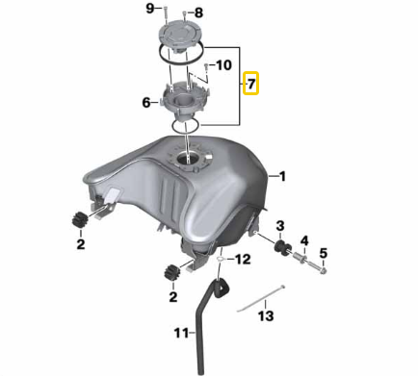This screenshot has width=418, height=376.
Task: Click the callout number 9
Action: point(150,9)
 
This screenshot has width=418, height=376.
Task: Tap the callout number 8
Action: point(198,13)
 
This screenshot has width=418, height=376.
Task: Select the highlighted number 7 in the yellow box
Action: point(250,84)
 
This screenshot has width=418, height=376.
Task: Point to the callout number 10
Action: point(223,65)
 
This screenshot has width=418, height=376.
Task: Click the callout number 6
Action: point(146,103)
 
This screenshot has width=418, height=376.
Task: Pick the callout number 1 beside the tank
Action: point(282,176)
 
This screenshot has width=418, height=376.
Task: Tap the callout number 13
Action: point(266,315)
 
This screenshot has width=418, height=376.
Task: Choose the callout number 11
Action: point(181,333)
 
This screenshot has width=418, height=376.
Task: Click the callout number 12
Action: point(243,259)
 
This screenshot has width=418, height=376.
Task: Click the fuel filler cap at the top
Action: point(180,36)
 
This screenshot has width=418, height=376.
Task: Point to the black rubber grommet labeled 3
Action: point(282,248)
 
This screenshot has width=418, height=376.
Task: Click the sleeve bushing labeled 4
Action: point(300,258)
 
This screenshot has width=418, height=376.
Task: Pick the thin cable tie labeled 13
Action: point(261,298)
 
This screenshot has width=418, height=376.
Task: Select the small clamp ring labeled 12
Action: point(221,259)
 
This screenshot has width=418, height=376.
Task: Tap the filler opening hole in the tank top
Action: point(187,159)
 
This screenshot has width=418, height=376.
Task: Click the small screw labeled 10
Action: point(207,68)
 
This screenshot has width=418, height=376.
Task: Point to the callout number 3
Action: point(280,226)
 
